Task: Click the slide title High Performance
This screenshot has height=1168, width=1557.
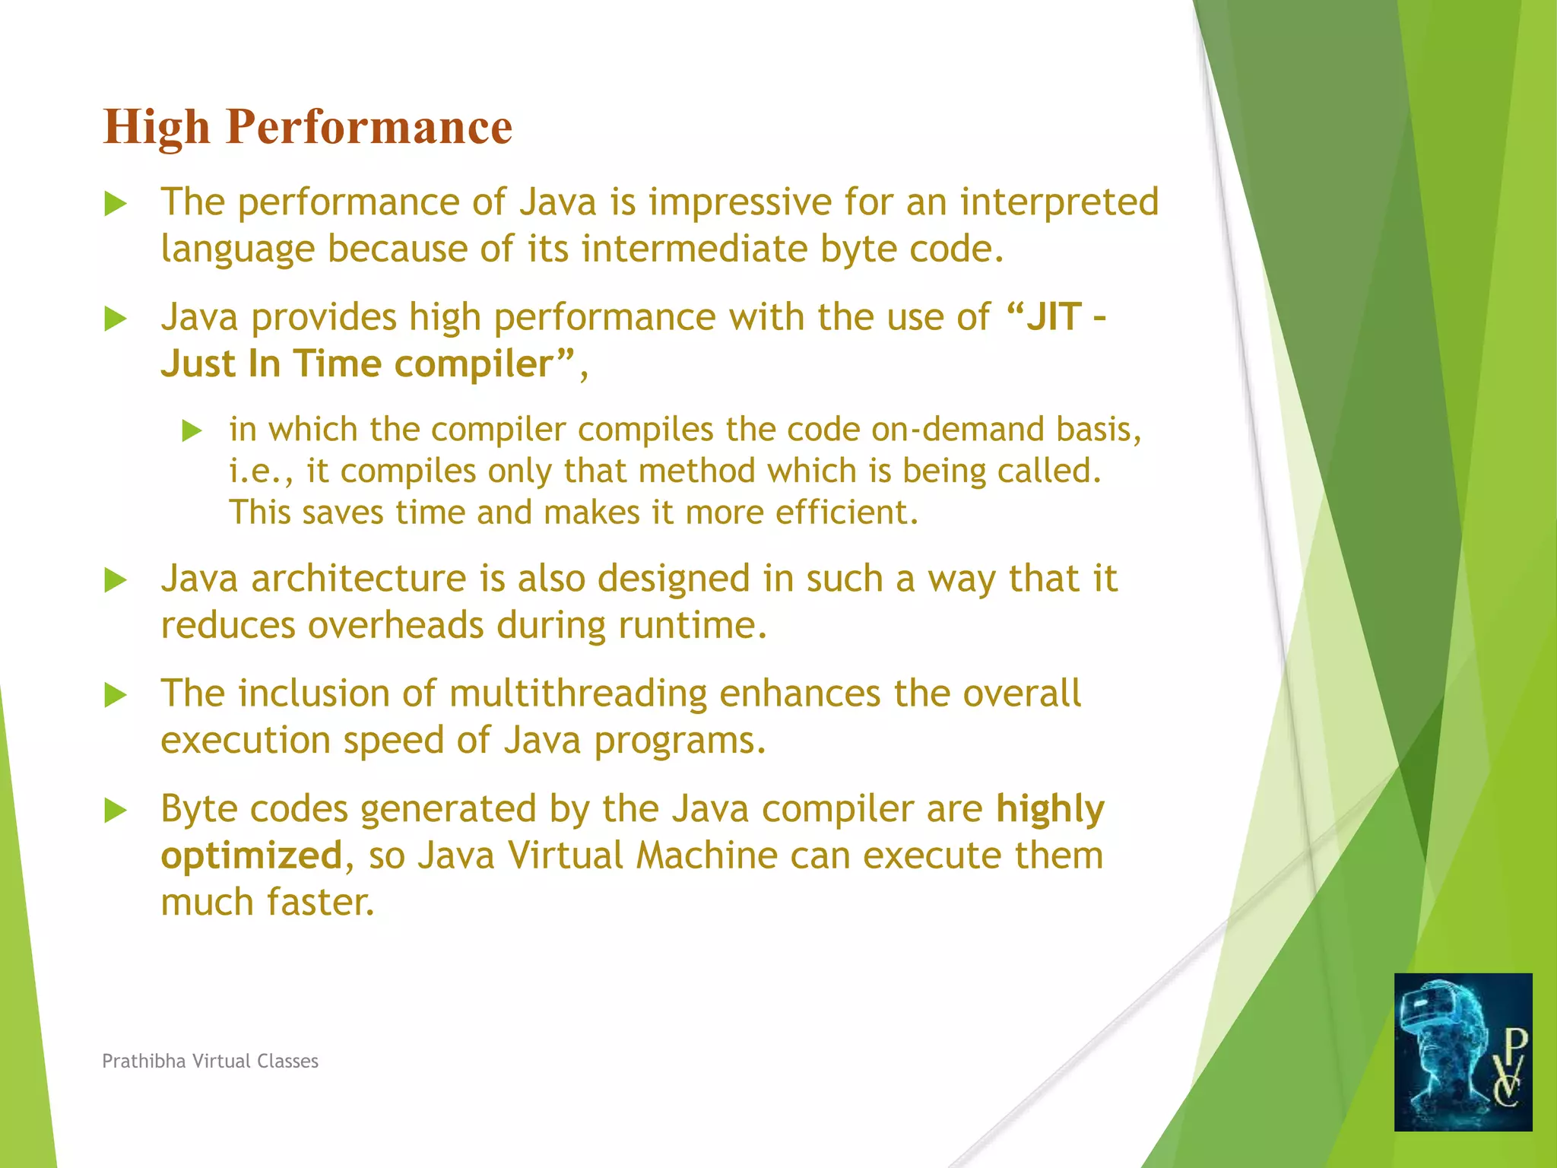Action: (x=307, y=127)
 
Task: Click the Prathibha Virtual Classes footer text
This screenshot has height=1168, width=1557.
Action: (x=210, y=1061)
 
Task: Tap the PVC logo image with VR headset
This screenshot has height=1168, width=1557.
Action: (x=1462, y=1052)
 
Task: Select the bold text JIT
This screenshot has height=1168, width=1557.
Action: (x=1054, y=317)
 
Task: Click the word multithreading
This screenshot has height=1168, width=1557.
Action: (x=577, y=693)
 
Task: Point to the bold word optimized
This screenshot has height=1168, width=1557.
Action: (x=252, y=855)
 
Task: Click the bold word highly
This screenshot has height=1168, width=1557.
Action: (x=1050, y=809)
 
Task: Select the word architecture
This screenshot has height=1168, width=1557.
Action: (x=358, y=579)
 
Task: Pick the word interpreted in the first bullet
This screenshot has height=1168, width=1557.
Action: (x=1059, y=202)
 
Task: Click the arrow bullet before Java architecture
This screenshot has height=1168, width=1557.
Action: (x=115, y=581)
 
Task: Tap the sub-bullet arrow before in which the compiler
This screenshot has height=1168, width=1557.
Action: (x=192, y=431)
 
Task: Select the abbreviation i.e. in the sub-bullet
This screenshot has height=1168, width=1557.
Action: (x=256, y=471)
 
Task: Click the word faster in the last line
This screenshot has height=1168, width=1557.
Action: (x=320, y=903)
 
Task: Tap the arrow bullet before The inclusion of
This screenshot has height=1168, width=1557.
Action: (x=115, y=695)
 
